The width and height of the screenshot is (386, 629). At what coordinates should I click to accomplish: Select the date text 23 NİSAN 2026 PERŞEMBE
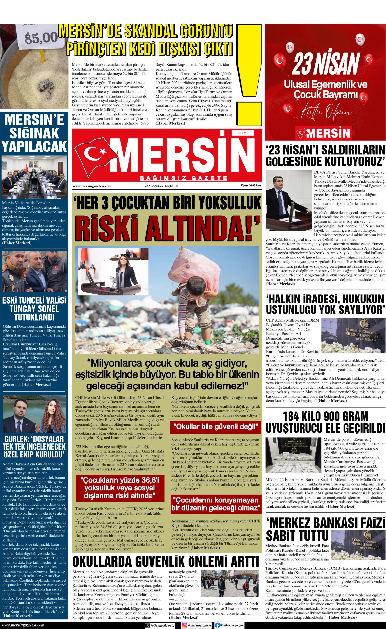(161, 186)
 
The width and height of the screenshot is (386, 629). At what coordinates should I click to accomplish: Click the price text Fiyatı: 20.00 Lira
(251, 186)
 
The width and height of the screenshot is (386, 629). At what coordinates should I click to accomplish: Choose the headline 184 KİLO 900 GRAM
(326, 416)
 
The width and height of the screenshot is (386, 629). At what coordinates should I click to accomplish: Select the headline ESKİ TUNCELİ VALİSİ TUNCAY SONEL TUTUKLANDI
(34, 309)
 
